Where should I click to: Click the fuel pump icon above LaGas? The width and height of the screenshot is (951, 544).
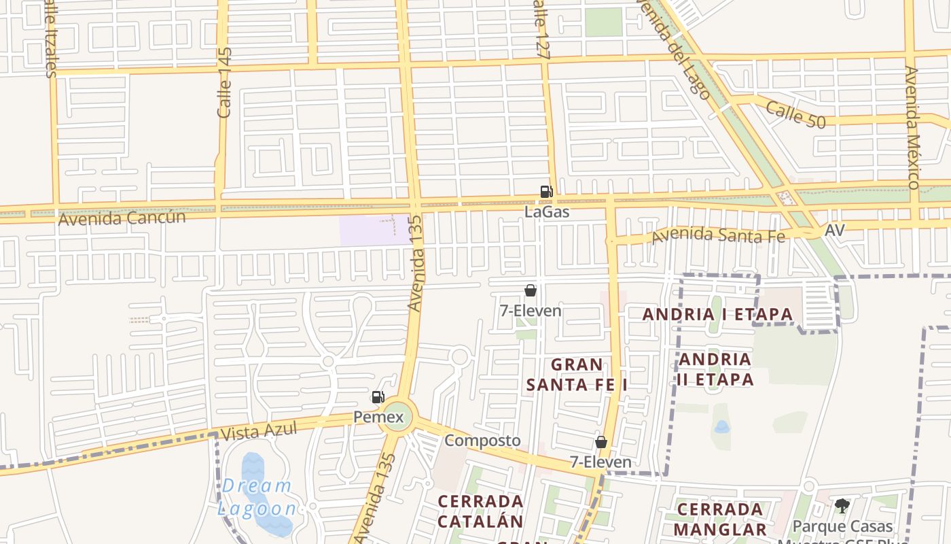pos(546,192)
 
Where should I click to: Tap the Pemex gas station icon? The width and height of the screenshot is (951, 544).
pos(378,397)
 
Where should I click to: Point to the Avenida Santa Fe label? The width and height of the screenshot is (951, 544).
pos(718,236)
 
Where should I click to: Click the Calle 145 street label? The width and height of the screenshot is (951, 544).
pos(225,82)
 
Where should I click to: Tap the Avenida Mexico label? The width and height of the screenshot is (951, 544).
pos(912,127)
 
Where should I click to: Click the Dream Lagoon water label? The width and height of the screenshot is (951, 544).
pos(257,497)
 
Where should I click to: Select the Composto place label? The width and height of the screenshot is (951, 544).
pos(482,441)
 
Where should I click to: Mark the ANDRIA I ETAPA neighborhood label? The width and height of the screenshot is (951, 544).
pos(717,314)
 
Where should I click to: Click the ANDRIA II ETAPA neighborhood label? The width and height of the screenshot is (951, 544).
pos(715,369)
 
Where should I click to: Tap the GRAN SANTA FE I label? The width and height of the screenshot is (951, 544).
pos(577,375)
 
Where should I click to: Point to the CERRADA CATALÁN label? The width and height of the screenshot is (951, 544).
pos(480,511)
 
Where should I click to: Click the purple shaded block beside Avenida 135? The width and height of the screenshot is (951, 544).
pos(367,231)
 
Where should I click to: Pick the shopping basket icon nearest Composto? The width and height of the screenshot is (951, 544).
pos(600,443)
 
